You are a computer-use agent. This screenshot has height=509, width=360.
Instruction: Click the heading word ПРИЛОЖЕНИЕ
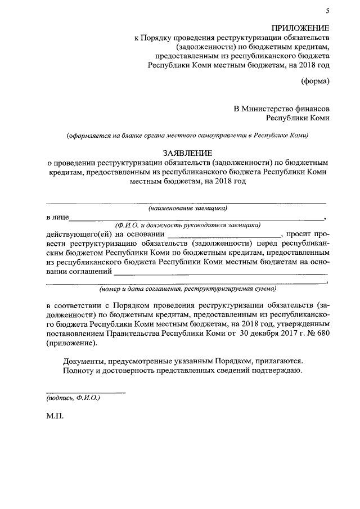pyautogui.click(x=300, y=28)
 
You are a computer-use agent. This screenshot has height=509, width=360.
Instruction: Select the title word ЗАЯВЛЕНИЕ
pyautogui.click(x=187, y=152)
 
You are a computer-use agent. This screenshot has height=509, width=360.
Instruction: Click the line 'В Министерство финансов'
pyautogui.click(x=282, y=107)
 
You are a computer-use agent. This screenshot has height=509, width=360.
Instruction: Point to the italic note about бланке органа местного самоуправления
pyautogui.click(x=187, y=136)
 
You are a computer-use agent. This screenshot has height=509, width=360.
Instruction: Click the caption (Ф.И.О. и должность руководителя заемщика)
pyautogui.click(x=187, y=224)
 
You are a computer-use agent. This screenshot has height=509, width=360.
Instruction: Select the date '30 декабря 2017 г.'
pyautogui.click(x=271, y=334)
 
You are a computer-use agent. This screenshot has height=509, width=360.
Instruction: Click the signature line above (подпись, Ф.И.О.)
pyautogui.click(x=85, y=392)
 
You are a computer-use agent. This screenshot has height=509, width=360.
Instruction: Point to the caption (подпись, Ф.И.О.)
pyautogui.click(x=73, y=398)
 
